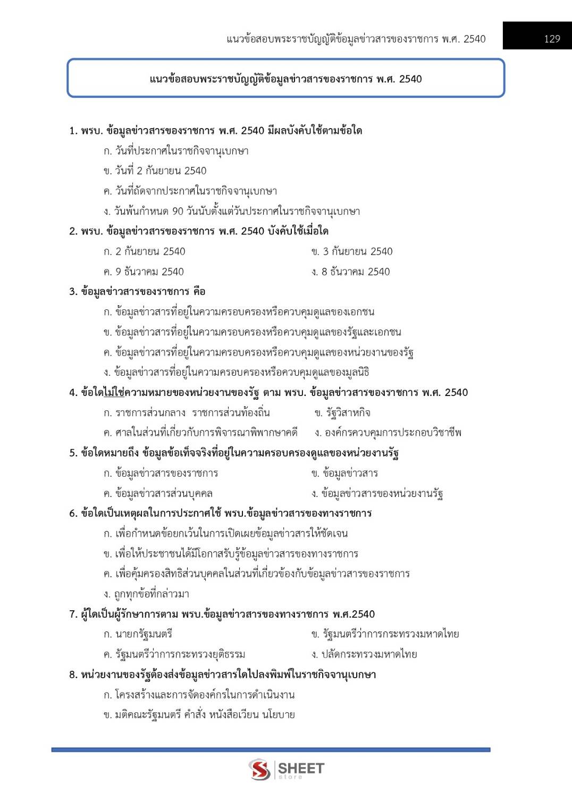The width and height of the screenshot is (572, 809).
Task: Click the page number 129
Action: [552, 39]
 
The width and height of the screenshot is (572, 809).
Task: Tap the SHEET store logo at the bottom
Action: [286, 769]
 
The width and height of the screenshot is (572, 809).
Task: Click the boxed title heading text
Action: [285, 79]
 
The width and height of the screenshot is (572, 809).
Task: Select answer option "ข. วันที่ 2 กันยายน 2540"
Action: [155, 171]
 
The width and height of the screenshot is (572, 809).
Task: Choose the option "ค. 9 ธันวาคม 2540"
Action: [144, 272]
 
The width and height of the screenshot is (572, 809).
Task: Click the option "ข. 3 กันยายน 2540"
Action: [352, 251]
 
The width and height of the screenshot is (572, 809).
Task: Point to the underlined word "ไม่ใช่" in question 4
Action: [114, 393]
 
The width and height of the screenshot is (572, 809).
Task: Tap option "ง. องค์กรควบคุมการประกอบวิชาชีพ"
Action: [388, 433]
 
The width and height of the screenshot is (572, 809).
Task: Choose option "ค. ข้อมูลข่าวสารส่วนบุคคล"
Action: [158, 493]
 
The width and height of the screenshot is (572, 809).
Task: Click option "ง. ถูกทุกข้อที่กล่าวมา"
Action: [146, 594]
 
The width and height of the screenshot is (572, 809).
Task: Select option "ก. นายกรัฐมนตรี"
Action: [138, 634]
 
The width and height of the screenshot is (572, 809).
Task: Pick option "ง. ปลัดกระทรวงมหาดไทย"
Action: [364, 654]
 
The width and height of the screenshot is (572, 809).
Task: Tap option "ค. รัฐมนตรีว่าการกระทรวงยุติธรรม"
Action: [174, 654]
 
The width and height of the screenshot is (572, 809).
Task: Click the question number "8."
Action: [73, 675]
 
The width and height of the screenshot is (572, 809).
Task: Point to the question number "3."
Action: [73, 291]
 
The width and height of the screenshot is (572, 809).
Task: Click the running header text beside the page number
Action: [356, 39]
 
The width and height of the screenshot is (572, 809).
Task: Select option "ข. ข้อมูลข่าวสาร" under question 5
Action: [344, 473]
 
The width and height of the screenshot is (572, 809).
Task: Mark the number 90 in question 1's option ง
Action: [178, 211]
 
